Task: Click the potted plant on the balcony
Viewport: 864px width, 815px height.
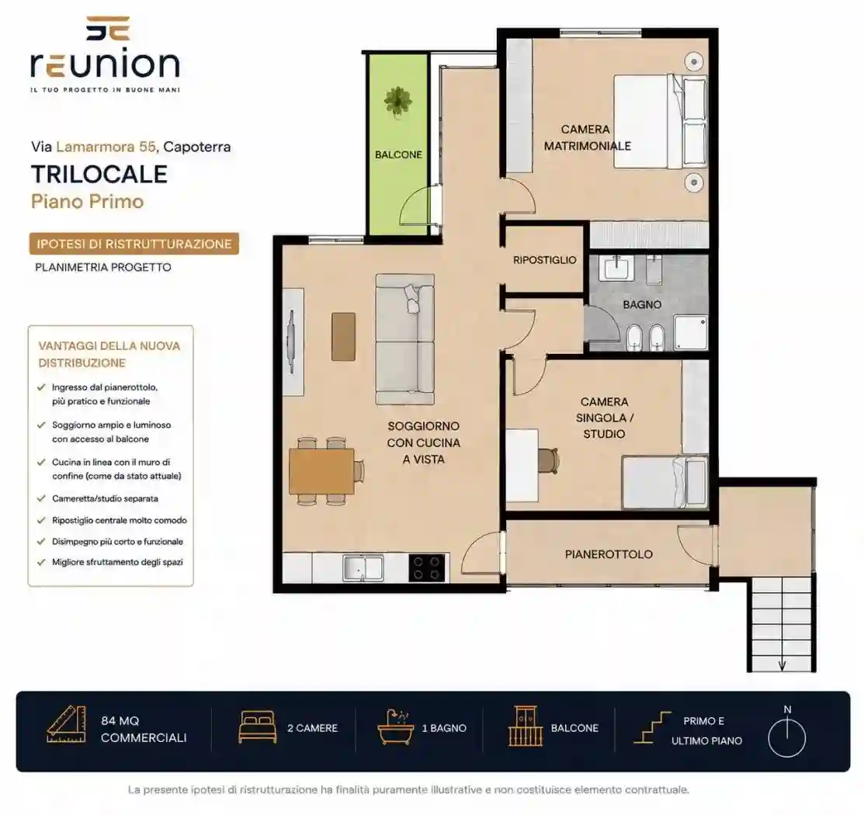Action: (397, 102)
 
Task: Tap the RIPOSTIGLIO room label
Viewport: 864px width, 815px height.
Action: (544, 260)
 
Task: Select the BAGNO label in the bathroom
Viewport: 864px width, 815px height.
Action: (642, 304)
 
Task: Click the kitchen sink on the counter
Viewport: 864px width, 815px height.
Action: (363, 568)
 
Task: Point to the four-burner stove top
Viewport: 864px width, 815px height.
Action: (426, 568)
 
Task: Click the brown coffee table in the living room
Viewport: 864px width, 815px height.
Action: (343, 337)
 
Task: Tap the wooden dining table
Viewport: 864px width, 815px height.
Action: (322, 471)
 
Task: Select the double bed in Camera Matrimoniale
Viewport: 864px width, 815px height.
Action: (661, 122)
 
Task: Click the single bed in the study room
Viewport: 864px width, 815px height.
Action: (664, 481)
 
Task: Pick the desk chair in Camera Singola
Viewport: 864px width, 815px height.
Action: (548, 461)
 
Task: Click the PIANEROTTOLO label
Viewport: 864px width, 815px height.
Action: (609, 554)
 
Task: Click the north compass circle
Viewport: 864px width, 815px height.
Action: (787, 738)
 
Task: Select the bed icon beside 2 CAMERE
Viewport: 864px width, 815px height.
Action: (257, 727)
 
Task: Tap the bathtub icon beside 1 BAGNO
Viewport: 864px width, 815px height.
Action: (395, 727)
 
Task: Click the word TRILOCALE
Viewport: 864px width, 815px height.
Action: (99, 174)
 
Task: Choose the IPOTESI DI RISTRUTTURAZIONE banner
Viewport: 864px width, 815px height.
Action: (134, 244)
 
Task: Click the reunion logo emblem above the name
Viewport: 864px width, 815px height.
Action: (107, 29)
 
